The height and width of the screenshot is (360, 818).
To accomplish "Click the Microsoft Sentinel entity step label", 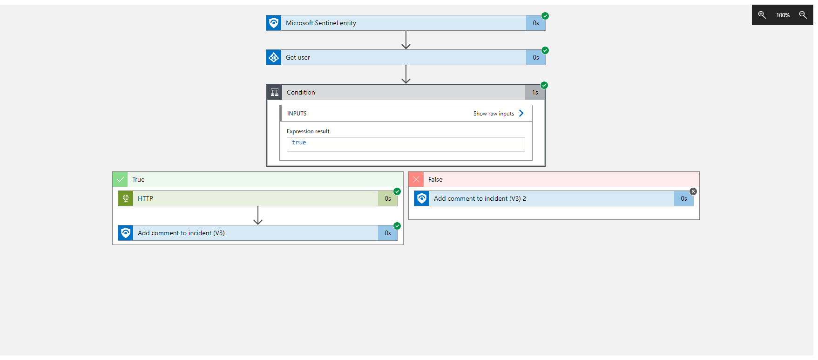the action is click(321, 23).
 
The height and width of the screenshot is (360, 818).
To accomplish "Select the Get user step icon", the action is click(274, 57).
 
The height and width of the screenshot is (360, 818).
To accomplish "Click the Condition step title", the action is click(301, 92).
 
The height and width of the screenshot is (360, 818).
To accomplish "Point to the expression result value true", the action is click(299, 143).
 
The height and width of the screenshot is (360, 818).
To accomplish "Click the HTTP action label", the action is click(145, 198).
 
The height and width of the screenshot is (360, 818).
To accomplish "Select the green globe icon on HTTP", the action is click(126, 198).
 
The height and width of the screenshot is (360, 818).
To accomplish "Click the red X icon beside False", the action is click(416, 179).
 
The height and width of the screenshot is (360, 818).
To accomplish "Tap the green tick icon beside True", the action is click(120, 179).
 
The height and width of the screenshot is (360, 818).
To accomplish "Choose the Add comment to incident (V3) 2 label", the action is click(480, 198).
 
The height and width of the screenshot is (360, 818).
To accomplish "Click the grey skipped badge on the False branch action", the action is click(693, 191).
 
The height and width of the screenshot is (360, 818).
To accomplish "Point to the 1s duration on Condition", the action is click(535, 92).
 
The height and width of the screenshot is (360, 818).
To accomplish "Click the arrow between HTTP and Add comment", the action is click(258, 216).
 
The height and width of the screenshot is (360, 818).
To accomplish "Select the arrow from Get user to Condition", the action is click(406, 75).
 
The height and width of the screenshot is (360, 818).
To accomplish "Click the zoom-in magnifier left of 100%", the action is click(762, 15).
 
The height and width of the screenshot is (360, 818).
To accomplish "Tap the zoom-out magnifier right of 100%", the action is click(803, 15).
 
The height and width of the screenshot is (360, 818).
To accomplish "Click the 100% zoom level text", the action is click(783, 15).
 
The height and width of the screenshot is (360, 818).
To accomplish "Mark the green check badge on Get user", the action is click(545, 50).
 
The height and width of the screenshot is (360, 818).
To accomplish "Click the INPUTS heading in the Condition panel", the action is click(297, 114).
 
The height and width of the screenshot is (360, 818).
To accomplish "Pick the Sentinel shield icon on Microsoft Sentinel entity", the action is click(274, 23).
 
